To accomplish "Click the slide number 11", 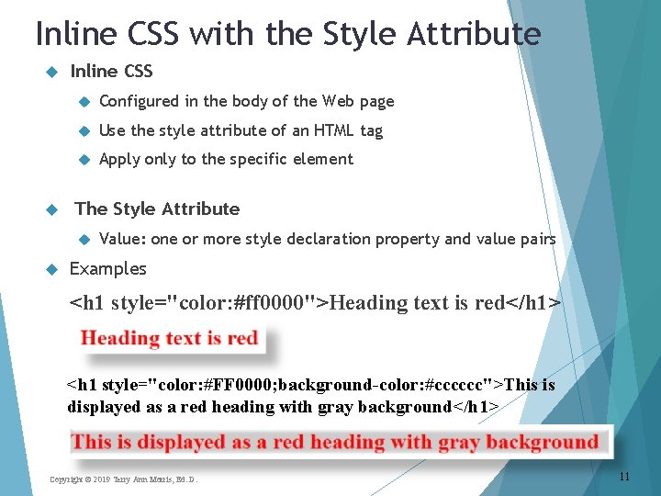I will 624,477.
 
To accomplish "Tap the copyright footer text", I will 123,479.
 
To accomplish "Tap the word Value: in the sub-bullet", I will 122,239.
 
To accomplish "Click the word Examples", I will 108,268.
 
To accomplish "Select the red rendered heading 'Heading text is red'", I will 170,338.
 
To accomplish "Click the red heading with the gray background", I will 335,442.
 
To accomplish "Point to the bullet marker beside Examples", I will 51,269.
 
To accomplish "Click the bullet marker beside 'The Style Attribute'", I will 51,209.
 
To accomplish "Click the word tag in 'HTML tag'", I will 371,130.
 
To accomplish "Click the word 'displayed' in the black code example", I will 104,406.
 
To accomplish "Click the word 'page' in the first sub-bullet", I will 376,101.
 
